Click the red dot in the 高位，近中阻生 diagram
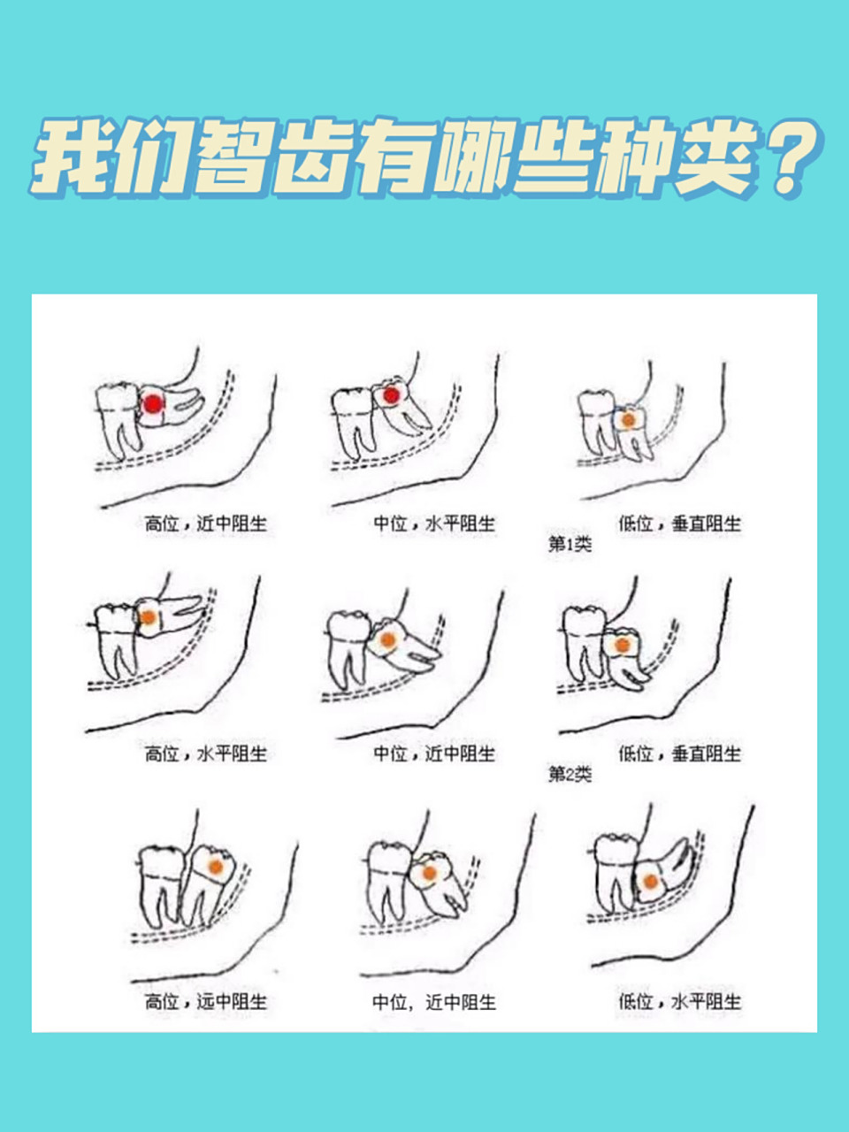(x=154, y=404)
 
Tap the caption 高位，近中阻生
(x=205, y=524)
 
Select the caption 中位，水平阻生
(x=433, y=524)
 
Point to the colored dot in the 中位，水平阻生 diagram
(x=388, y=397)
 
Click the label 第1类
(x=570, y=544)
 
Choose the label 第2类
(x=570, y=775)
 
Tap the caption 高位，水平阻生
(x=205, y=754)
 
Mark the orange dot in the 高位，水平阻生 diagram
(x=149, y=616)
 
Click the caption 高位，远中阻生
(x=205, y=1002)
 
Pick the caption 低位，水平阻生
(x=679, y=1002)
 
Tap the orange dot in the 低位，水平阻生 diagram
(x=650, y=881)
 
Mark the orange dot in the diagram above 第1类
(x=628, y=419)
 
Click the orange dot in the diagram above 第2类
(x=623, y=646)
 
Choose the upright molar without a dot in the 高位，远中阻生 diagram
(x=159, y=884)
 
